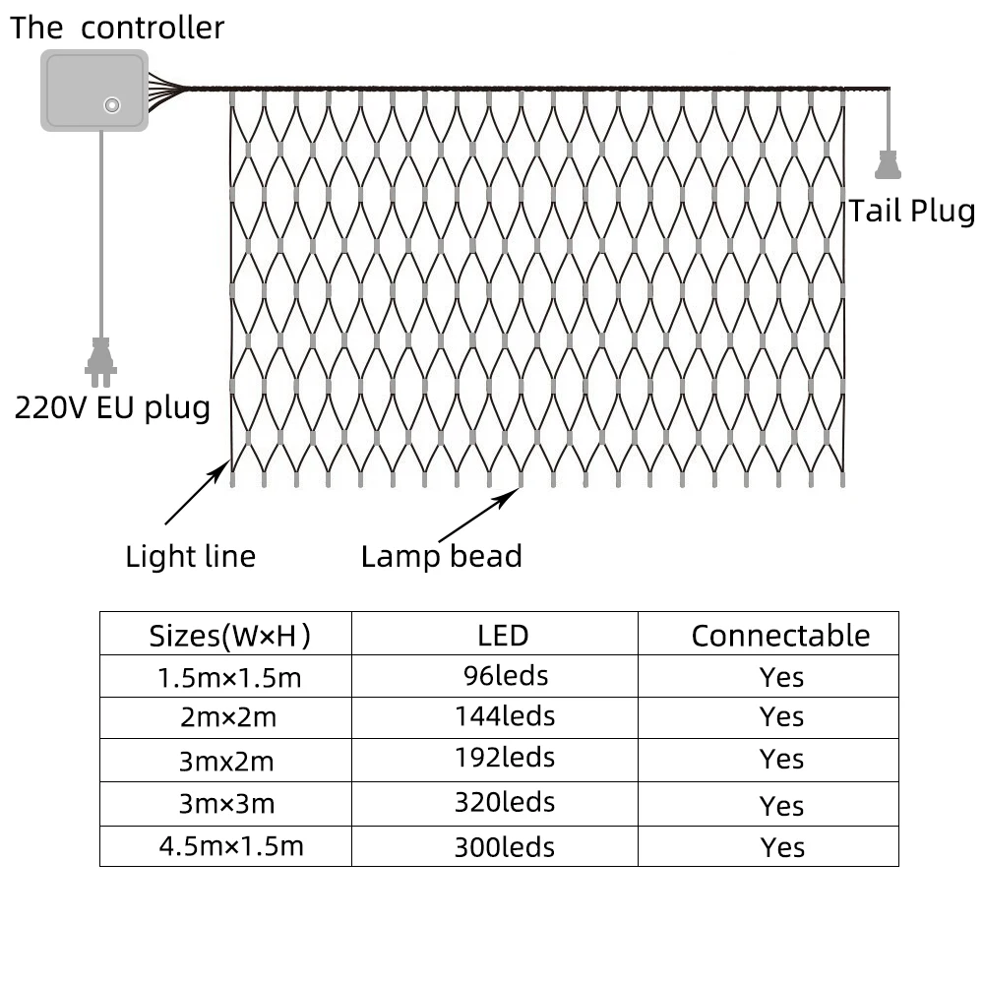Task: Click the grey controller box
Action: click(94, 91)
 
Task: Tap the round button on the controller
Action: click(112, 105)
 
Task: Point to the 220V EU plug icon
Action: click(100, 362)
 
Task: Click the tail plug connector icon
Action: click(888, 164)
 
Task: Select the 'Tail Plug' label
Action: click(912, 211)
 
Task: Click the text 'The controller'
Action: click(117, 28)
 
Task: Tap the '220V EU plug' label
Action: click(112, 408)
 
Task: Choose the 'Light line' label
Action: click(191, 557)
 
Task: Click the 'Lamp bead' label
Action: click(441, 557)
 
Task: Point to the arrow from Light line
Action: click(198, 493)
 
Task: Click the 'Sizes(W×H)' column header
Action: click(229, 636)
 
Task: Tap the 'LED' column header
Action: click(503, 636)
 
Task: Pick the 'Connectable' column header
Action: click(780, 636)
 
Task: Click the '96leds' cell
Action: click(506, 676)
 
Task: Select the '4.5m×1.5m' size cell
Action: click(231, 846)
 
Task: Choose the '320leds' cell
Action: click(505, 802)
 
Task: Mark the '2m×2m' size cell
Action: click(228, 716)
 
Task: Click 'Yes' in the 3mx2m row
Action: click(781, 760)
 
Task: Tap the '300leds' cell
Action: click(505, 847)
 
